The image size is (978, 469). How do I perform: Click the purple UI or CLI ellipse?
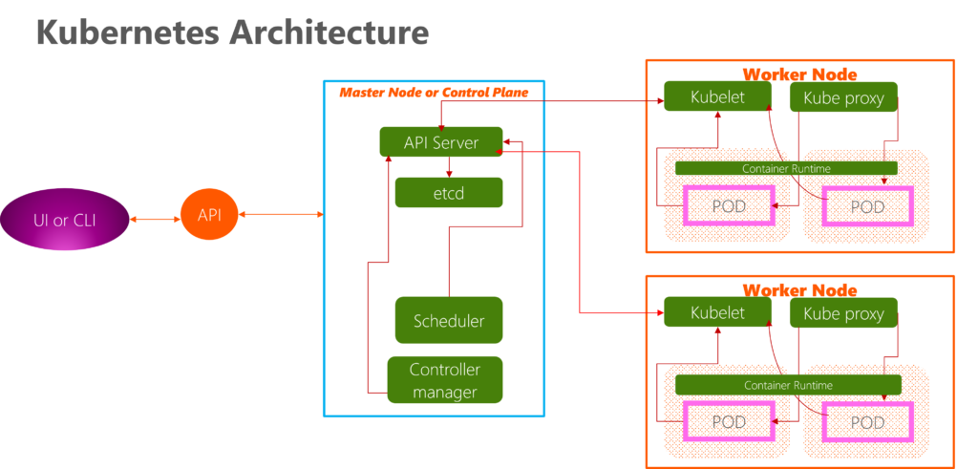(x=64, y=220)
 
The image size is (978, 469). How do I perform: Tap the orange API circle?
(x=209, y=215)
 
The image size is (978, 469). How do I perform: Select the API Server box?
(x=440, y=142)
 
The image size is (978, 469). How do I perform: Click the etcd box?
(x=448, y=192)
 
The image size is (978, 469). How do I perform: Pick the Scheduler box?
(x=448, y=320)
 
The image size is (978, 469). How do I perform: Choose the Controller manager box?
(x=444, y=380)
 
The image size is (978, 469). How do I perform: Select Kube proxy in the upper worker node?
(x=843, y=97)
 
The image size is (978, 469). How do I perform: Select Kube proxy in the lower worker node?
(x=843, y=313)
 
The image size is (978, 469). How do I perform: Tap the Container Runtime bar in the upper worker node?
(x=786, y=168)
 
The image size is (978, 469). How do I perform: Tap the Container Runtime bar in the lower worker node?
(x=788, y=385)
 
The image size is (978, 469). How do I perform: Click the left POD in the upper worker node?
(x=730, y=206)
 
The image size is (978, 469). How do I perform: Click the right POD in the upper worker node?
(x=867, y=206)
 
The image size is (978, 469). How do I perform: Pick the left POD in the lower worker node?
(x=730, y=422)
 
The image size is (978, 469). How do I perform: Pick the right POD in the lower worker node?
(x=867, y=422)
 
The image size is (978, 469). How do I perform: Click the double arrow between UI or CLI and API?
(x=154, y=220)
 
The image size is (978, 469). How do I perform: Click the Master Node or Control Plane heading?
(x=434, y=92)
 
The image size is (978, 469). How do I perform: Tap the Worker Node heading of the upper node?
(x=799, y=74)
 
